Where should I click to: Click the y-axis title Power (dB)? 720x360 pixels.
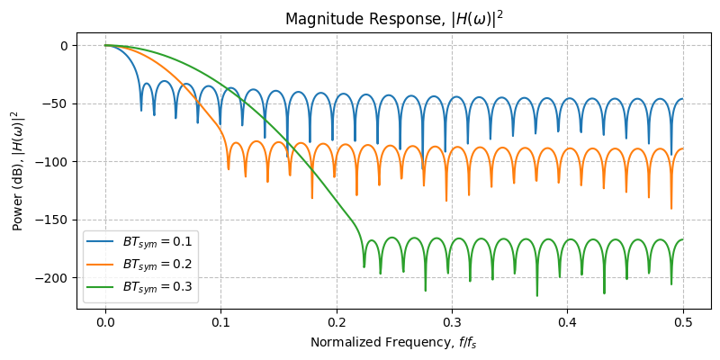point(15,171)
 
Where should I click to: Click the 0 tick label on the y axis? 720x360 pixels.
point(64,46)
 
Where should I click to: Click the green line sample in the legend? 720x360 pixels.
point(102,287)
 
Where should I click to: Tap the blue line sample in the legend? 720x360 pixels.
point(102,243)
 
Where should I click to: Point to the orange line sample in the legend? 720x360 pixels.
point(102,265)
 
